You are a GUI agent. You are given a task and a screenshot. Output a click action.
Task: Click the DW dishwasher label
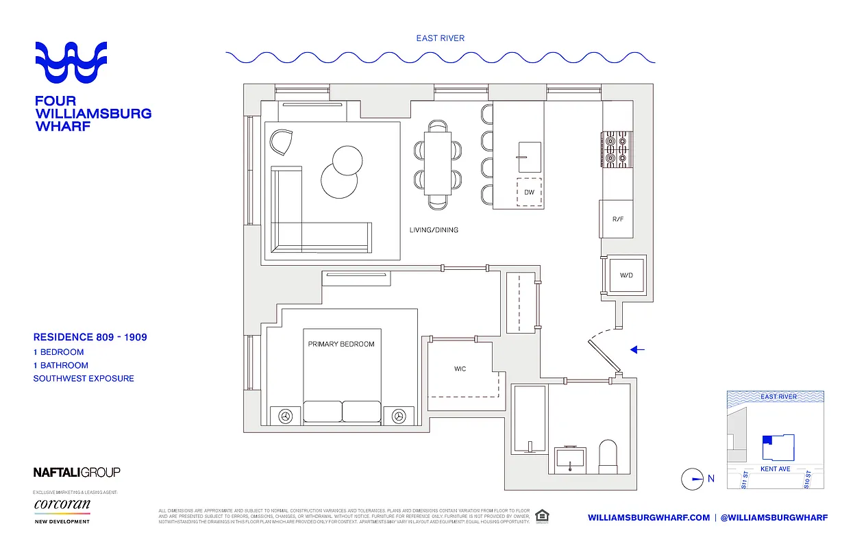[x=529, y=192]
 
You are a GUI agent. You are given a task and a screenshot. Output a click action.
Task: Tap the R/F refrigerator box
[x=617, y=219]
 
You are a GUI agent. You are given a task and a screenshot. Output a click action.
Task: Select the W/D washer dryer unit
[x=626, y=275]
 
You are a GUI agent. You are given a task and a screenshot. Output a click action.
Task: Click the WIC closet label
[x=460, y=369]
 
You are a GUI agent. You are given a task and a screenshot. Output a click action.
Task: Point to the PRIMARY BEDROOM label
[x=341, y=344]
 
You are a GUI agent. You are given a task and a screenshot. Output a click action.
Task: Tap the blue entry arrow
[x=637, y=350]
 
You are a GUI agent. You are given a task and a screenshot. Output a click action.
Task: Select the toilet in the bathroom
[x=609, y=457]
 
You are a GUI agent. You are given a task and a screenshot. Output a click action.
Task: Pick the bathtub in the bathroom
[x=530, y=418]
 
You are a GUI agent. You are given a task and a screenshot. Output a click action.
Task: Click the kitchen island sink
[x=529, y=158]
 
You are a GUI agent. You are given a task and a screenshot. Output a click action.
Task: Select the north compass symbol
[x=693, y=479]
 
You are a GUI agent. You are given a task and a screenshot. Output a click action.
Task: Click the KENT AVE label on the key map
[x=776, y=469]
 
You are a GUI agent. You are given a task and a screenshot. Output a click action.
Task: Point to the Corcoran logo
[x=62, y=506]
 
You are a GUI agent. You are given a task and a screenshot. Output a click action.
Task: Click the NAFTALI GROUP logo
[x=77, y=472]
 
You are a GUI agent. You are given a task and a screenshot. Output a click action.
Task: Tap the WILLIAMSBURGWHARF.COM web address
[x=648, y=518]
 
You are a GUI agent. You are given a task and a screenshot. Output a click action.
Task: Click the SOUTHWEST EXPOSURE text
[x=84, y=378]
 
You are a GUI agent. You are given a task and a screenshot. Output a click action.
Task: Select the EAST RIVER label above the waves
[x=440, y=38]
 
